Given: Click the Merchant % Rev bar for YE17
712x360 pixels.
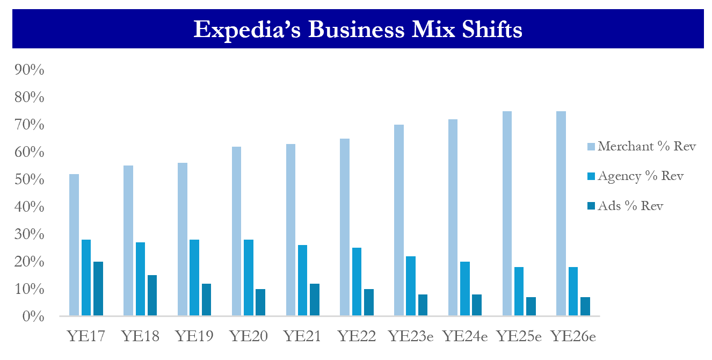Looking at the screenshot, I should (x=74, y=244).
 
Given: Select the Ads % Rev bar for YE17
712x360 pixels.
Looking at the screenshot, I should (x=98, y=289).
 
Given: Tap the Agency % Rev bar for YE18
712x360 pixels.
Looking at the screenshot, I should (x=140, y=279).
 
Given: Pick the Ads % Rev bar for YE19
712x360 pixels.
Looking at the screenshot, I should (x=206, y=299).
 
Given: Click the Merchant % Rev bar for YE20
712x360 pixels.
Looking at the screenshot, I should (x=236, y=231).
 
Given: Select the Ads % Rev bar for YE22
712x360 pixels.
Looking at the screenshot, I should (x=368, y=302).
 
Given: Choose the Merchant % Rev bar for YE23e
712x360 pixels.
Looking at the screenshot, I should (x=398, y=220).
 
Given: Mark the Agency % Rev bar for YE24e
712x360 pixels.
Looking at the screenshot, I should (x=464, y=289).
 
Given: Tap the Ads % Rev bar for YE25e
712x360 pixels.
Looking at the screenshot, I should (x=531, y=306).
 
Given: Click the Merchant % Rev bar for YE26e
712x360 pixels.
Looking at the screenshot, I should (x=561, y=213).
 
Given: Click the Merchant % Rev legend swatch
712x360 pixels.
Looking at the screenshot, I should (x=591, y=146).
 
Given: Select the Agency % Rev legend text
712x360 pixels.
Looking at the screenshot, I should (x=641, y=176).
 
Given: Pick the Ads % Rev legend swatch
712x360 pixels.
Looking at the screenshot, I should (x=591, y=206).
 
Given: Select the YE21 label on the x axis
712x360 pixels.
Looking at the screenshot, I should (x=302, y=337).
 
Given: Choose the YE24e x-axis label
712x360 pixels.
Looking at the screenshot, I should (x=465, y=337).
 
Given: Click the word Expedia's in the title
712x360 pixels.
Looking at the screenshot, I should (x=239, y=30).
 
